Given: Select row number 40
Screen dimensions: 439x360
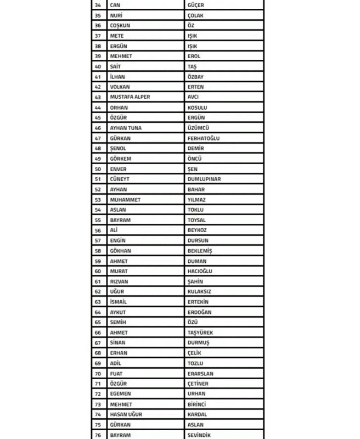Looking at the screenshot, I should pos(98,66).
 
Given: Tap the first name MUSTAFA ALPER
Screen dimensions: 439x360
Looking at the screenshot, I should pos(130,97).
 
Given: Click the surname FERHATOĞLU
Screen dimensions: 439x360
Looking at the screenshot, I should pos(203,138).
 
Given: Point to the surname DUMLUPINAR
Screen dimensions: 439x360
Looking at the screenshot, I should pos(204,179).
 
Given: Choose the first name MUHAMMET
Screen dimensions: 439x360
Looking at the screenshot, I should pos(125,200).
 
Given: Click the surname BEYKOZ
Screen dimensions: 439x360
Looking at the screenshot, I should pos(197,230).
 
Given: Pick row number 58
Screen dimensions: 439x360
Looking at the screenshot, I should pos(98,251).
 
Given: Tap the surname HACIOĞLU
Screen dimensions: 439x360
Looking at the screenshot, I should pos(200,271).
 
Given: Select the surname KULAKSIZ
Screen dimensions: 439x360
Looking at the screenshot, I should pos(199,291).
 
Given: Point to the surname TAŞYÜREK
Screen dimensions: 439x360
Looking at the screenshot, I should pos(200,333).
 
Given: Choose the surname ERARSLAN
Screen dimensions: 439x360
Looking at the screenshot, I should pos(200,374).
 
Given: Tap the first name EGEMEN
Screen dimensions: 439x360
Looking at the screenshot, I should pos(120,394).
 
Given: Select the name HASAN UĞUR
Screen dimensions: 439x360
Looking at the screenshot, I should pos(126,414).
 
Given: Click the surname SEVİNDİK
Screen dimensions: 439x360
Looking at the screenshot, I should pos(199,435).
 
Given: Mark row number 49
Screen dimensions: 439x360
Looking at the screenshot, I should pos(98,159).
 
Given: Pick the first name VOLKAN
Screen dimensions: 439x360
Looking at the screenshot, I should pos(120,87).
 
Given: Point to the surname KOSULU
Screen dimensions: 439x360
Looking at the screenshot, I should pos(197,108).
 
